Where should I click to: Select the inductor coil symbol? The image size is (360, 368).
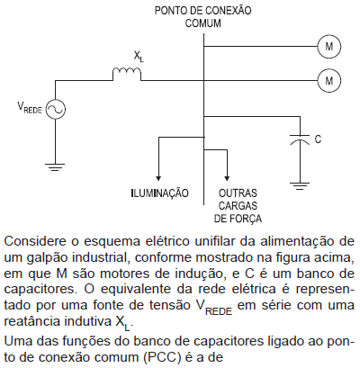click(x=127, y=71)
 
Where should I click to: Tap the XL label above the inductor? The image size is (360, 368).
click(x=139, y=57)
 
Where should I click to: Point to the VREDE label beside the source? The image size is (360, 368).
click(x=30, y=108)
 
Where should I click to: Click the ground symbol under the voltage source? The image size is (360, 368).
click(x=55, y=167)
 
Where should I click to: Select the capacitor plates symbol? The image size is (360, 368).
click(x=300, y=139)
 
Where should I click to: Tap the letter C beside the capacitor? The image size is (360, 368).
click(x=318, y=139)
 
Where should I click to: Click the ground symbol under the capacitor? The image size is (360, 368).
click(x=300, y=186)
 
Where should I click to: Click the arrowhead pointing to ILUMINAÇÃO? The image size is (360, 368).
click(x=158, y=177)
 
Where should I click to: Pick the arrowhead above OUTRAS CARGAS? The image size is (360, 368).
click(x=228, y=177)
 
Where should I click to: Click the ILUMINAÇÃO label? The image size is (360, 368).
click(x=159, y=193)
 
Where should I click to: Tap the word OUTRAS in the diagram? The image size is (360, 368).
click(x=238, y=193)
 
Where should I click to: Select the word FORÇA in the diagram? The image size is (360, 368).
click(x=246, y=219)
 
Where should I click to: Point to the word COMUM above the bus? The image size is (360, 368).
click(x=203, y=23)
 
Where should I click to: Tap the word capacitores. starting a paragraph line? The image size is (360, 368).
click(x=41, y=290)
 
